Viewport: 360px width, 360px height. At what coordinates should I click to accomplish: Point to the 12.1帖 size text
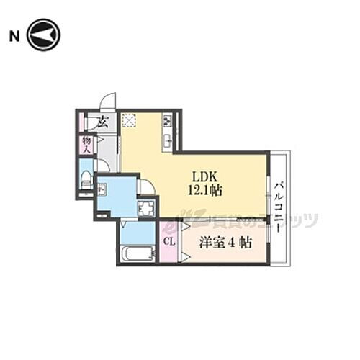[x=205, y=190]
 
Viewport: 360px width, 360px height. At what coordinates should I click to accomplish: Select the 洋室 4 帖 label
[x=225, y=243]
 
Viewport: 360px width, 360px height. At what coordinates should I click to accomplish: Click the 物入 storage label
[x=87, y=144]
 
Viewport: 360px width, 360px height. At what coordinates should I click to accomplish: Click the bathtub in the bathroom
[x=137, y=254]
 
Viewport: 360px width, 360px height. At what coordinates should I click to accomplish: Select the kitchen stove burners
[x=167, y=120]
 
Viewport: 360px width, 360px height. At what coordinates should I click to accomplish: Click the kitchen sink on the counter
[x=167, y=138]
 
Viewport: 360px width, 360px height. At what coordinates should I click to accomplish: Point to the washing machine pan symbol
[x=146, y=209]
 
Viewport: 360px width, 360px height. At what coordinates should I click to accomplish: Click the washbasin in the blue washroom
[x=102, y=190]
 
